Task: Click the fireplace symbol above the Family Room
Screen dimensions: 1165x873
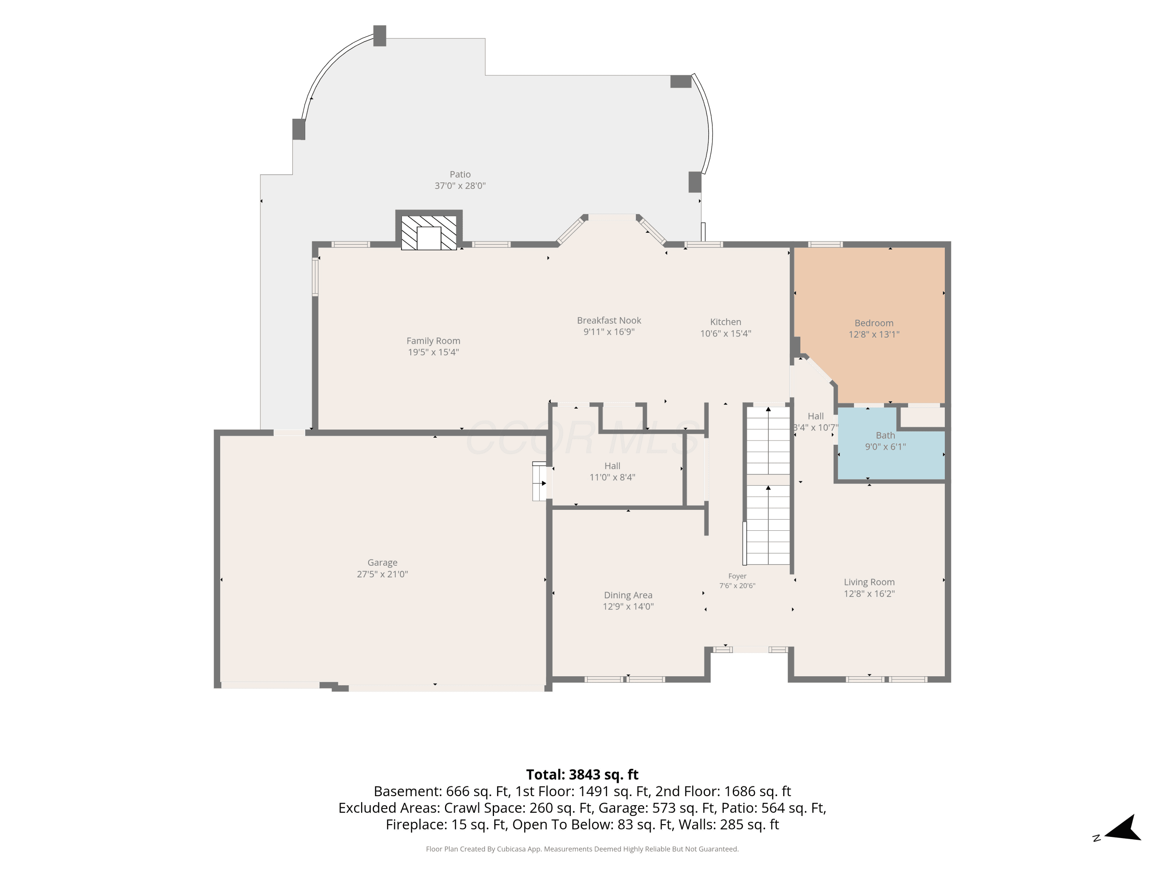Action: pyautogui.click(x=429, y=232)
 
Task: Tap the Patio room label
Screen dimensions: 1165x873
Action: pyautogui.click(x=460, y=174)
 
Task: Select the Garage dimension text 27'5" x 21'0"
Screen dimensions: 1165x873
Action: pyautogui.click(x=383, y=574)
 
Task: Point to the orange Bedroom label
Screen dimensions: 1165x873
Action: pyautogui.click(x=874, y=323)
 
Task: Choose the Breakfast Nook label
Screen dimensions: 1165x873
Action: pyautogui.click(x=609, y=320)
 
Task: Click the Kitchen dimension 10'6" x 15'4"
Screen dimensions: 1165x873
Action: pyautogui.click(x=725, y=333)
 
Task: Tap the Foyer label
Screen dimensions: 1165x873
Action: pyautogui.click(x=737, y=576)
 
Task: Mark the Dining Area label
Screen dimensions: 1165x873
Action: pyautogui.click(x=628, y=595)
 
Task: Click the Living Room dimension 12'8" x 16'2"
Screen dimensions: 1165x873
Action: pyautogui.click(x=869, y=594)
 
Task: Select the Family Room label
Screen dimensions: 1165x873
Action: pyautogui.click(x=433, y=341)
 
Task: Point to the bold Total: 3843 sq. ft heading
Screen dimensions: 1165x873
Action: pyautogui.click(x=582, y=774)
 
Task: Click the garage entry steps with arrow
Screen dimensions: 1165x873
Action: pyautogui.click(x=539, y=482)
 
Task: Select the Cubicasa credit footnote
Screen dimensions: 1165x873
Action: pyautogui.click(x=582, y=849)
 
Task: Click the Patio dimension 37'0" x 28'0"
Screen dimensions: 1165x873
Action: pyautogui.click(x=460, y=186)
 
